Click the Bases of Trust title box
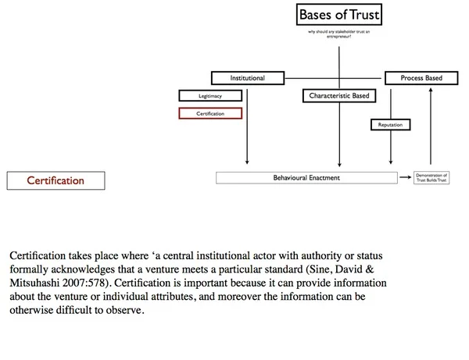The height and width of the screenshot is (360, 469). click(x=339, y=15)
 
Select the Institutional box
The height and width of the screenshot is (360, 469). click(x=247, y=78)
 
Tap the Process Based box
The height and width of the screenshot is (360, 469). click(x=422, y=78)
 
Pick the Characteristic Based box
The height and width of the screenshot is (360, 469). click(x=338, y=96)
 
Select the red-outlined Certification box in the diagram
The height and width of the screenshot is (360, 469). click(x=210, y=113)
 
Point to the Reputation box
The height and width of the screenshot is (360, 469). click(x=389, y=124)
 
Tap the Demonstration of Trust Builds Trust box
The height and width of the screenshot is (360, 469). click(x=433, y=178)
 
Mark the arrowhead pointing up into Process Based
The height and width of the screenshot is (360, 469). click(x=429, y=89)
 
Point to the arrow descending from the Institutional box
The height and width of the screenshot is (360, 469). click(x=247, y=125)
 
